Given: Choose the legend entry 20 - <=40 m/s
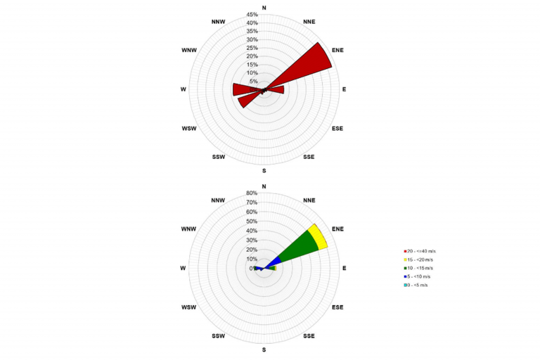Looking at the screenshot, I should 420,251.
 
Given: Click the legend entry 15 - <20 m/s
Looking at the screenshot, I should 420,259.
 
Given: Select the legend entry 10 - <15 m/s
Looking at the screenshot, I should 420,268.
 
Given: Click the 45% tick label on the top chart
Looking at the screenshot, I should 252,15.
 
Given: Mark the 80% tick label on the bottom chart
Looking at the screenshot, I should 252,193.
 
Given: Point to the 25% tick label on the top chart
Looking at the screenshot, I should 252,48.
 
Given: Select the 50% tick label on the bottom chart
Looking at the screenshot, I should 252,221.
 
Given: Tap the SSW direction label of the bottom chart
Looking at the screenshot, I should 218,336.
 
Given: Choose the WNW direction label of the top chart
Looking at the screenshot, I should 189,50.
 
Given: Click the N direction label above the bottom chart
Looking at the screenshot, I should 264,186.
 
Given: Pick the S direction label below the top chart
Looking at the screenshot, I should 264,171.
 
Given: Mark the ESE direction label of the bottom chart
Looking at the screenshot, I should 338,307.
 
